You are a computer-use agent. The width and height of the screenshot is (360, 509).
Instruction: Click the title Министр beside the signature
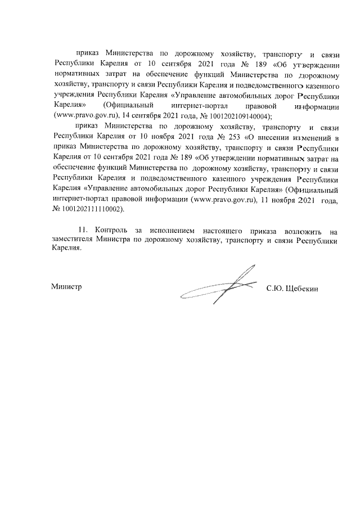pyautogui.click(x=67, y=286)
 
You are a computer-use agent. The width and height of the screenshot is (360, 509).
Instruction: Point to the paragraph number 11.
pyautogui.click(x=83, y=231)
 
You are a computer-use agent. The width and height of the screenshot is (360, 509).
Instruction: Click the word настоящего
pyautogui.click(x=227, y=231)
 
